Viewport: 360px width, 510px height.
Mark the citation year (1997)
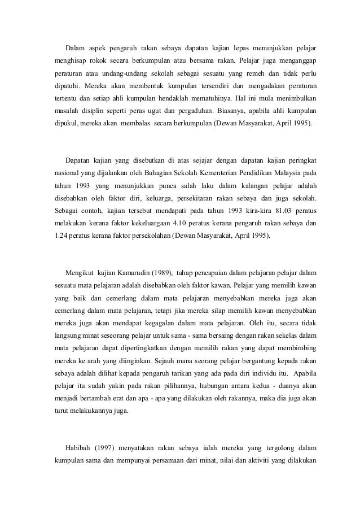[x=107, y=447]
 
